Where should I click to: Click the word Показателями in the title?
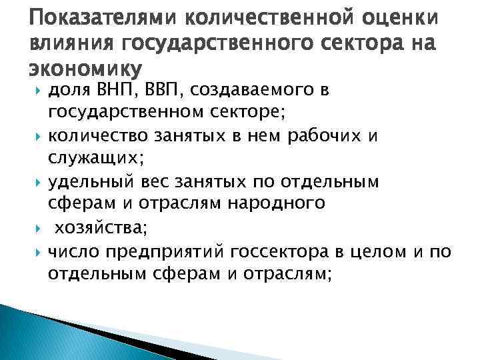coord(83,15)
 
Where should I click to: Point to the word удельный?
coord(93,181)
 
